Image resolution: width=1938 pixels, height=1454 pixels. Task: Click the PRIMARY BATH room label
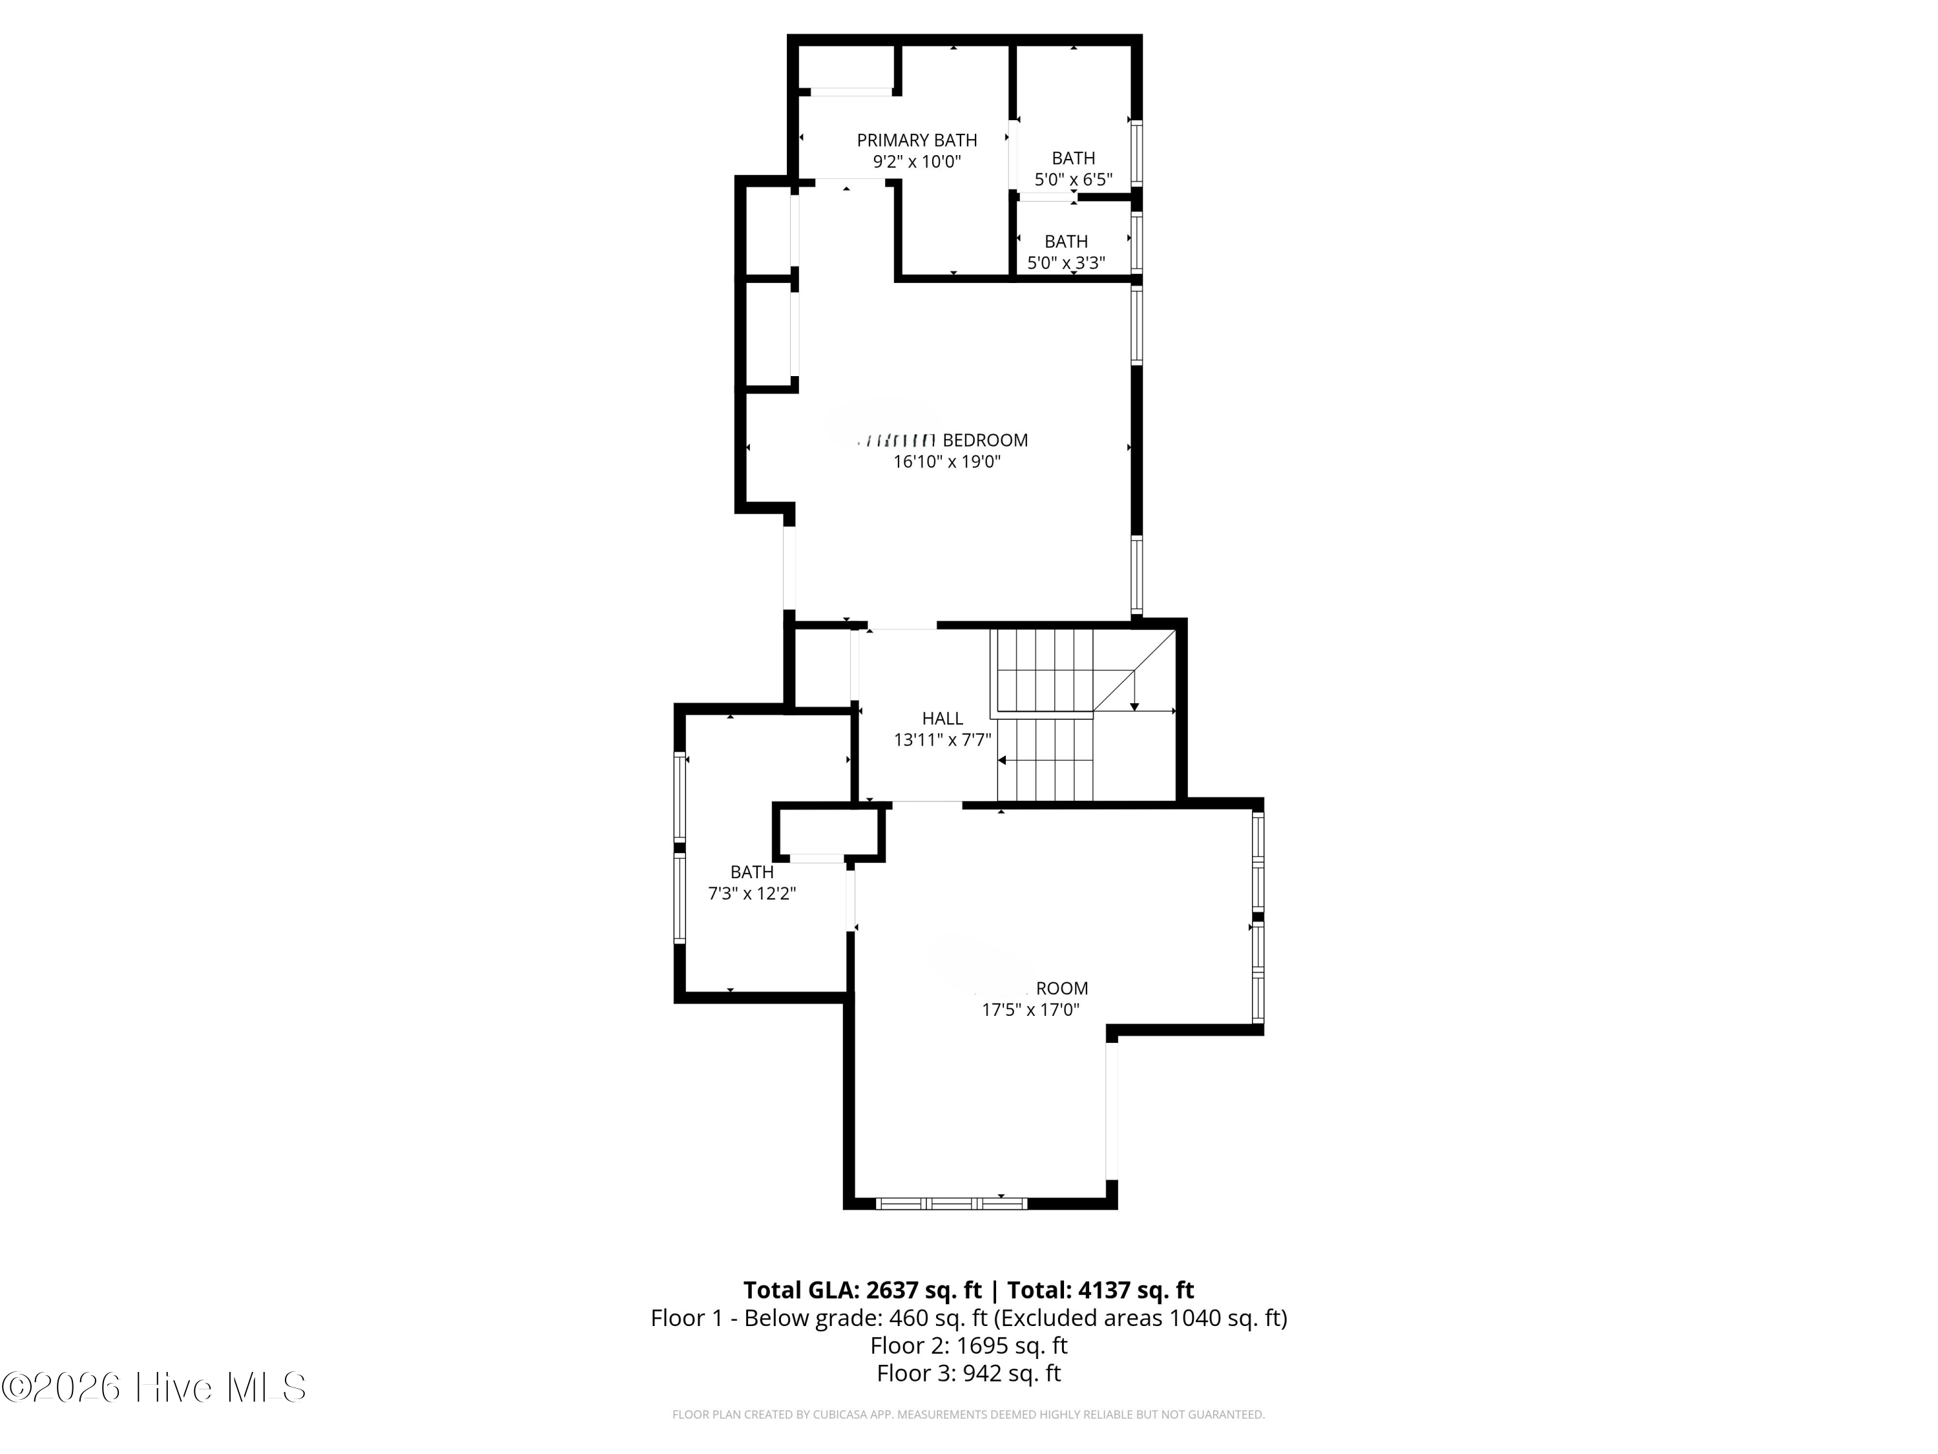[x=917, y=140]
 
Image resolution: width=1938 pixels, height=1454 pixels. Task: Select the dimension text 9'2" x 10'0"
[x=917, y=162]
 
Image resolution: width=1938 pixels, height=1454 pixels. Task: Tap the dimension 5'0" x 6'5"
[x=1073, y=180]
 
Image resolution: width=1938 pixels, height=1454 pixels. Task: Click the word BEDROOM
[x=985, y=440]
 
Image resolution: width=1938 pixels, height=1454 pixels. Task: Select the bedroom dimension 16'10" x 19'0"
[x=946, y=462]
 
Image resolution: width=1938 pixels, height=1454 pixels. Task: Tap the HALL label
[x=942, y=719]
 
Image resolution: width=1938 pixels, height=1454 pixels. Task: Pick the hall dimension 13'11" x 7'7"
[x=942, y=741]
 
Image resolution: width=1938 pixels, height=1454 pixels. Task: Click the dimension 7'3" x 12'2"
[x=752, y=894]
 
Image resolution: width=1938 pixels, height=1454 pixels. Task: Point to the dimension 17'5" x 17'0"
[x=1030, y=1009]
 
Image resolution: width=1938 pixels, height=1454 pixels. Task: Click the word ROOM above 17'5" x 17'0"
[x=1062, y=989]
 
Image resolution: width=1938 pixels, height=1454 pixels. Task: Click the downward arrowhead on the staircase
[x=1134, y=706]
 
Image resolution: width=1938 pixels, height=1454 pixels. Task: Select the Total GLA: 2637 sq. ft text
[x=862, y=1290]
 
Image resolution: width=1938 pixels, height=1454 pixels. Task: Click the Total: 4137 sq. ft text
[x=1100, y=1290]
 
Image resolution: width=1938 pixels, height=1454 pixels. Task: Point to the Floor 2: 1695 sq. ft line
[x=968, y=1345]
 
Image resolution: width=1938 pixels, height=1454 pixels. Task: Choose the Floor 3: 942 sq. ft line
[x=968, y=1373]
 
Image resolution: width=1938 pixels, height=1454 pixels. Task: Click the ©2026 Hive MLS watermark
[x=154, y=1387]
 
